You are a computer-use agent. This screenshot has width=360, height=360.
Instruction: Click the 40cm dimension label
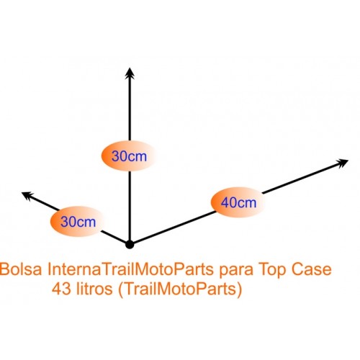click(238, 202)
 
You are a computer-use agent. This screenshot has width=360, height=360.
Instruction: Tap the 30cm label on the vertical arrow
click(129, 156)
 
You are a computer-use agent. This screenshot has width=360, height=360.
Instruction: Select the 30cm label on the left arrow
click(78, 222)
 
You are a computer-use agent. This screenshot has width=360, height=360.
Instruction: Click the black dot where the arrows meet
click(130, 244)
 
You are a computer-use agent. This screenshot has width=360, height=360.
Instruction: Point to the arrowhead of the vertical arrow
click(130, 73)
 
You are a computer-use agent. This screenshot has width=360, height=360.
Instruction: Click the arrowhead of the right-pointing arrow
click(342, 163)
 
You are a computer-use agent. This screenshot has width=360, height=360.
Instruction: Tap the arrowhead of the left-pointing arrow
click(27, 195)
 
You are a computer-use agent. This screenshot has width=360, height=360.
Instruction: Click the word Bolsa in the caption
click(21, 269)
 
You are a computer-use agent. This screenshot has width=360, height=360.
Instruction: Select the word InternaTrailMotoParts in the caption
click(130, 269)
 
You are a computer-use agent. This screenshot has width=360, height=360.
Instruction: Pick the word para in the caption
click(236, 271)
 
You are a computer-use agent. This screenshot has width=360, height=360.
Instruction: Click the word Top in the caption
click(272, 271)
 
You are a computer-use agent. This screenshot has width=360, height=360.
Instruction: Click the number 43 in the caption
click(61, 289)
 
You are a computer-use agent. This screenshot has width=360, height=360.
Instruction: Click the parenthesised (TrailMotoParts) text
click(180, 289)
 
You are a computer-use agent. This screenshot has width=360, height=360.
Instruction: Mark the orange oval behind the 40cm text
click(238, 202)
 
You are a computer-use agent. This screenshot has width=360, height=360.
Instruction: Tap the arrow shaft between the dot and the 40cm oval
click(174, 228)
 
